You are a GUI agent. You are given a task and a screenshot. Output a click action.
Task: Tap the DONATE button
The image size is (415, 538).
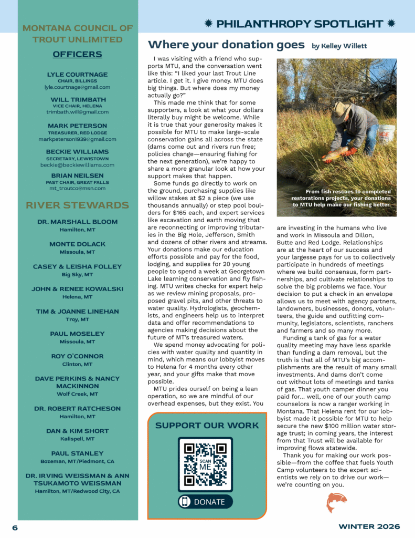[205, 502]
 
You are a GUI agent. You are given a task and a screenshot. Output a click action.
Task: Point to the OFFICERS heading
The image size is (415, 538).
[78, 55]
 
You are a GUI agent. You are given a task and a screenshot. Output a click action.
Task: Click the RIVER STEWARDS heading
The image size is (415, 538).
[77, 205]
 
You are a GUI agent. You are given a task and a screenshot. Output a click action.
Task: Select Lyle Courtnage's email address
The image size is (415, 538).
[77, 87]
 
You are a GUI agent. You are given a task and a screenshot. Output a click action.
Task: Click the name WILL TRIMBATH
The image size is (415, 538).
[78, 100]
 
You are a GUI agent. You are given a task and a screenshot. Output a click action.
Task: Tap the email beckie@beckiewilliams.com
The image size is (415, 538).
[77, 164]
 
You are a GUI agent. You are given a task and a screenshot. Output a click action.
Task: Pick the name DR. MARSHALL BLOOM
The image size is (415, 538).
[77, 222]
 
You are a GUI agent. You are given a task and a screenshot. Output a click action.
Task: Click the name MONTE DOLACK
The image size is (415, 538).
[77, 244]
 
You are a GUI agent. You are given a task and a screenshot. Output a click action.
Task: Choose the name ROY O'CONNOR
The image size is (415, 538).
[77, 356]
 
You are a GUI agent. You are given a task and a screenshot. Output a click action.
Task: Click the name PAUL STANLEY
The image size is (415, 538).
[77, 453]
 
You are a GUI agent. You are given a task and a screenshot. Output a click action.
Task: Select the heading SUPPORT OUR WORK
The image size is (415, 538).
[207, 426]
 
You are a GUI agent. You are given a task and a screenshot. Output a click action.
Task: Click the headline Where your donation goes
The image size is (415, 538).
[226, 45]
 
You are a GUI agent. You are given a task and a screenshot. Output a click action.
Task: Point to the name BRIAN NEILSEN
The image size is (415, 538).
[77, 175]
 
